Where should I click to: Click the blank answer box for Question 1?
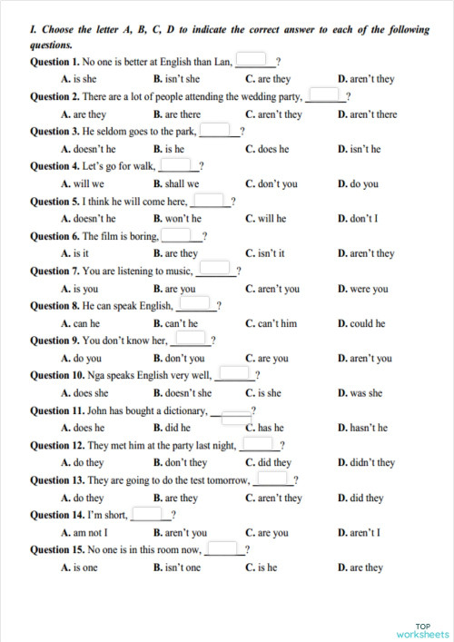click(255, 61)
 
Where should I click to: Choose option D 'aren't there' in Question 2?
click(367, 114)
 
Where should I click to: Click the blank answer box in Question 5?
click(209, 201)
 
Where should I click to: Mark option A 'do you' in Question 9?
click(81, 359)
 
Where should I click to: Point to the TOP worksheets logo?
click(422, 630)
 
